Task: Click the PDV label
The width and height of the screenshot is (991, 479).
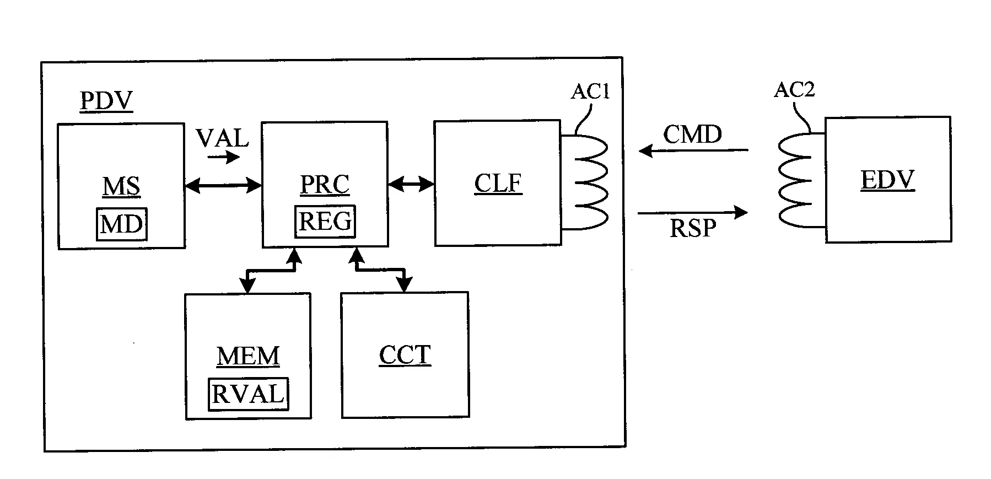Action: (x=106, y=101)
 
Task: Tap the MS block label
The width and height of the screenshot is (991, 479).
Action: (x=121, y=186)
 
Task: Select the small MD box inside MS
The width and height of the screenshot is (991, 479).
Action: (x=122, y=224)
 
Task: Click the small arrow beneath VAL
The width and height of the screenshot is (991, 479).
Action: (x=224, y=158)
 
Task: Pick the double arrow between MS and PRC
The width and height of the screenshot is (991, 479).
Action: (x=223, y=186)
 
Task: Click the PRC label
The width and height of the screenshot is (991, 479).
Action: (x=325, y=185)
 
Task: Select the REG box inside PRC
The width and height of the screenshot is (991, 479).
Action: (x=325, y=221)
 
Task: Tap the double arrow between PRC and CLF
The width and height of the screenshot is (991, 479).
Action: (x=411, y=184)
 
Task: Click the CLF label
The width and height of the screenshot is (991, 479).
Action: (x=498, y=184)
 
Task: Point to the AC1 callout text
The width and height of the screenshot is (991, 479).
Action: (x=590, y=92)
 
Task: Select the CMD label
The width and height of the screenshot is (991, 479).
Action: (x=692, y=134)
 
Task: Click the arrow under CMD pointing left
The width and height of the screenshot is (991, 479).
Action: (x=693, y=150)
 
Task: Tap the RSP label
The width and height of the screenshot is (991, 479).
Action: (x=693, y=228)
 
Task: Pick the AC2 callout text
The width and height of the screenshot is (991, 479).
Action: (x=794, y=89)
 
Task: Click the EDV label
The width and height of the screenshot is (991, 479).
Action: (x=887, y=180)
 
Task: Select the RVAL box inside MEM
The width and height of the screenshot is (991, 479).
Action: (x=248, y=394)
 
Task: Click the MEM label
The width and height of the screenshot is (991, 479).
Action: (x=248, y=356)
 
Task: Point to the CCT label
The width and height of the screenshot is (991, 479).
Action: (x=405, y=355)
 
